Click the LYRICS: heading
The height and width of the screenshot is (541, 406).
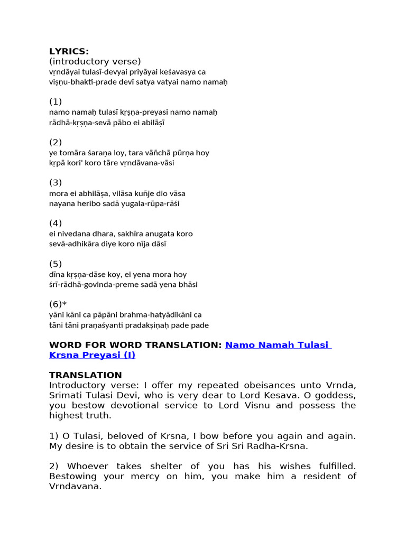pos(69,51)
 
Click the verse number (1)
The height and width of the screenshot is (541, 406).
pos(56,101)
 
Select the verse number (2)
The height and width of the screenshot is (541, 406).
pos(56,142)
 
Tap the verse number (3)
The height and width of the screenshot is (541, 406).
pos(56,183)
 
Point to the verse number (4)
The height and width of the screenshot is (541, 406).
pos(56,223)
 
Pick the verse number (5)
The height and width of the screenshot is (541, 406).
pos(56,264)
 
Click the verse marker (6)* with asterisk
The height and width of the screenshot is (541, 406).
pos(58,305)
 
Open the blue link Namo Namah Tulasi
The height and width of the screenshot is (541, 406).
pos(278,345)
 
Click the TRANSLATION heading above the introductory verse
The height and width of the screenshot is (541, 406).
pos(85,376)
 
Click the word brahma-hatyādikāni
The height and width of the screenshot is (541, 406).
pos(161,315)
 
